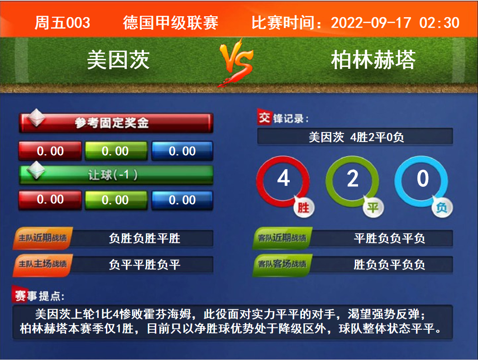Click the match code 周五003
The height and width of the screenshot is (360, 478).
click(62, 23)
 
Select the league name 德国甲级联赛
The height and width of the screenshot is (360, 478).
click(170, 23)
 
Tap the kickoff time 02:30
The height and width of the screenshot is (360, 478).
click(439, 23)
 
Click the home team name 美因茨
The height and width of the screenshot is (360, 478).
click(118, 60)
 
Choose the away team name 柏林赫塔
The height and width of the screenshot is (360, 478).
click(373, 60)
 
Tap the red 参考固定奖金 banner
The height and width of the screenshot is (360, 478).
click(116, 123)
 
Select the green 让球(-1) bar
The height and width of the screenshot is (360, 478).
click(116, 175)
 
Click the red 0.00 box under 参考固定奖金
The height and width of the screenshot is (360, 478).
click(50, 151)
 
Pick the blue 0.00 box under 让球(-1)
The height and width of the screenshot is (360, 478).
click(182, 200)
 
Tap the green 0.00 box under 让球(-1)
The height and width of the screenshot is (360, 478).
click(116, 200)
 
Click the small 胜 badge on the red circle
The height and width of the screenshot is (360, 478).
click(304, 208)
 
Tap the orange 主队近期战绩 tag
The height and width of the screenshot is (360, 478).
click(43, 238)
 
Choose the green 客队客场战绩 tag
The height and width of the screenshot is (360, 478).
click(282, 265)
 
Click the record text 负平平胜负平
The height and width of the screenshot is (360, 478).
click(144, 265)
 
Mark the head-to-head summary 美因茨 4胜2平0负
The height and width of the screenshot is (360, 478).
click(356, 137)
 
